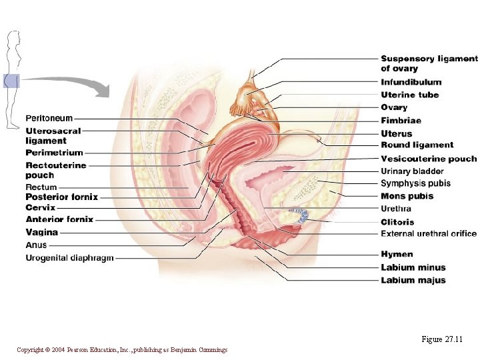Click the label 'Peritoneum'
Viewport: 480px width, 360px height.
pos(49,119)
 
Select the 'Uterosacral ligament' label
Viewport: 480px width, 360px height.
pos(53,136)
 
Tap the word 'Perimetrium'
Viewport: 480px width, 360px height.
pos(54,153)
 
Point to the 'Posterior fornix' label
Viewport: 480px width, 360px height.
pos(61,197)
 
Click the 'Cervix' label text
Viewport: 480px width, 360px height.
pos(40,208)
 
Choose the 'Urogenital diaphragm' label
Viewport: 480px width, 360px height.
pos(69,258)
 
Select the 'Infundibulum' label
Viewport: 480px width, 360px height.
pos(411,82)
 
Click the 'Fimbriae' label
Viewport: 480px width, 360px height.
pos(401,121)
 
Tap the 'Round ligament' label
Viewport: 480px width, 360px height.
pos(417,145)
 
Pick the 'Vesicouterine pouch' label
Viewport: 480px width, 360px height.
pos(429,159)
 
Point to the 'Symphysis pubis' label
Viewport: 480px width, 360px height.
pos(415,183)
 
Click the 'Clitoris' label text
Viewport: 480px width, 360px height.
pos(397,222)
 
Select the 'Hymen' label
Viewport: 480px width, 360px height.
pos(397,254)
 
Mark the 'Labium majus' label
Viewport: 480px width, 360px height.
pos(413,280)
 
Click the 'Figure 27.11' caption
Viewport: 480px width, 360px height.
pos(442,339)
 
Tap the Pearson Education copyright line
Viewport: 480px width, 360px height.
pos(122,350)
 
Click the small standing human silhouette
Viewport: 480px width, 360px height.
pos(12,80)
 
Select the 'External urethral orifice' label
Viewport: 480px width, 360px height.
pos(429,234)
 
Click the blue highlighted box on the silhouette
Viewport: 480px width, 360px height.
pos(11,81)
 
